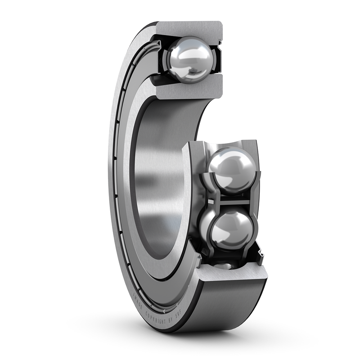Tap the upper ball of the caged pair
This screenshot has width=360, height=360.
point(232,170)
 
